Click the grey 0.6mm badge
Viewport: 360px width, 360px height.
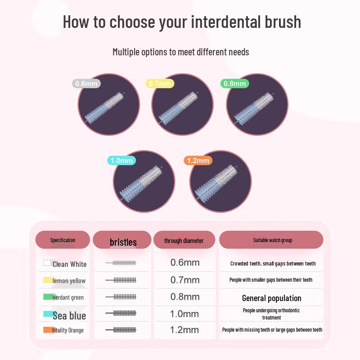click(86, 83)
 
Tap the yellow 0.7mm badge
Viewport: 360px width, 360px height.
click(160, 83)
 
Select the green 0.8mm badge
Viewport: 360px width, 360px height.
click(234, 83)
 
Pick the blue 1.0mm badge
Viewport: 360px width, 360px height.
click(121, 161)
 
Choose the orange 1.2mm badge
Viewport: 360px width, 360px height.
click(198, 161)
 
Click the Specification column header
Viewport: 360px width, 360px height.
click(63, 240)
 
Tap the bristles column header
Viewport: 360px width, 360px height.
click(123, 242)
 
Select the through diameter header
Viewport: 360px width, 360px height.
click(184, 241)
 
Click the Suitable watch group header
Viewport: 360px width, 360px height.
click(272, 240)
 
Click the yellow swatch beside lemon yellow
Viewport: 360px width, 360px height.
click(47, 280)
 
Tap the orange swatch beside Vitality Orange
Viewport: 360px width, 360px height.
click(47, 330)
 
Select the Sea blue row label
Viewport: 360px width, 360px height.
click(69, 315)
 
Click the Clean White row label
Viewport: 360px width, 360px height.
click(69, 264)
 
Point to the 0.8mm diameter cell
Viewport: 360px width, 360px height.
click(184, 297)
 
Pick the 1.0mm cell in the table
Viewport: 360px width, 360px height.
click(184, 313)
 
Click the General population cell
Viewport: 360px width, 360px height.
click(271, 298)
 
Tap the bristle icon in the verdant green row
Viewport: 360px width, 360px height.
click(121, 297)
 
